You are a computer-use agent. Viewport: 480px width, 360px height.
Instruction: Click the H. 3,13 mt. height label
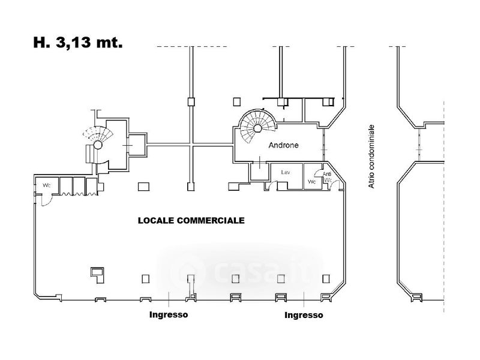click(x=78, y=42)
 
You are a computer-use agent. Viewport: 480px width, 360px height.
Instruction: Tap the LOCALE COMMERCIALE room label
click(x=191, y=220)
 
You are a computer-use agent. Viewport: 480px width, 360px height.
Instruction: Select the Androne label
click(x=283, y=145)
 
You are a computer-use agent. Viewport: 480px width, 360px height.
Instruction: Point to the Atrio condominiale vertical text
click(x=371, y=156)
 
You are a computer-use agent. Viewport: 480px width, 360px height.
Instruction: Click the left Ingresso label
click(x=169, y=314)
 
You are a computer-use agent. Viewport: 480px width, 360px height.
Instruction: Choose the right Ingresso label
click(x=304, y=315)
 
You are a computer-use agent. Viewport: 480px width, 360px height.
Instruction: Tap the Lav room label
click(x=286, y=172)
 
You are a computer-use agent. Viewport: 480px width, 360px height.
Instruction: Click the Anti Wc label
click(x=327, y=177)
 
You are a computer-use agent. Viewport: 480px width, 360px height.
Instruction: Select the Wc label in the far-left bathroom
click(x=47, y=185)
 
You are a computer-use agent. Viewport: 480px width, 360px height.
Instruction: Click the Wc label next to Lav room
click(x=311, y=182)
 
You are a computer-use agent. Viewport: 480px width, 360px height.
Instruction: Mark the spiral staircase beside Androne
click(x=257, y=127)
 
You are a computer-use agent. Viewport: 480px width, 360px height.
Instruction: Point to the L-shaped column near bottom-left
click(x=97, y=275)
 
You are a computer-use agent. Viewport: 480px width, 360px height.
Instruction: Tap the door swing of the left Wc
click(x=46, y=200)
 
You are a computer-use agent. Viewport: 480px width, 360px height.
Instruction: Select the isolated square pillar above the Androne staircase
click(x=236, y=101)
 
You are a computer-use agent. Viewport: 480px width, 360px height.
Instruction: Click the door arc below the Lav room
click(x=271, y=185)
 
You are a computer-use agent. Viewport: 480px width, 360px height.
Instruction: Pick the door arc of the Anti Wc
click(x=335, y=185)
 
